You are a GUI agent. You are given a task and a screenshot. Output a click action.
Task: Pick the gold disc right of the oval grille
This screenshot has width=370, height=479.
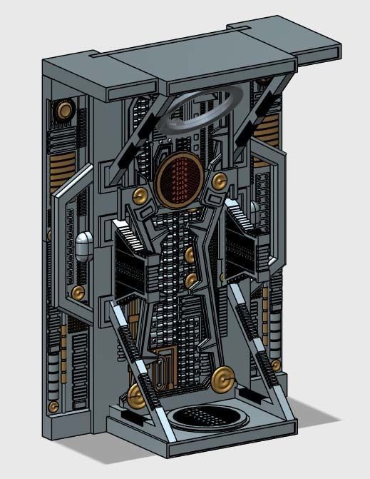click(x=220, y=181)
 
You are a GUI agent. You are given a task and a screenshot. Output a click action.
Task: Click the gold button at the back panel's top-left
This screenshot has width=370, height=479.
click(x=66, y=109)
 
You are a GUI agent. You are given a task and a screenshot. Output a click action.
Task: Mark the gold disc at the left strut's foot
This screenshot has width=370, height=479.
click(x=136, y=394)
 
